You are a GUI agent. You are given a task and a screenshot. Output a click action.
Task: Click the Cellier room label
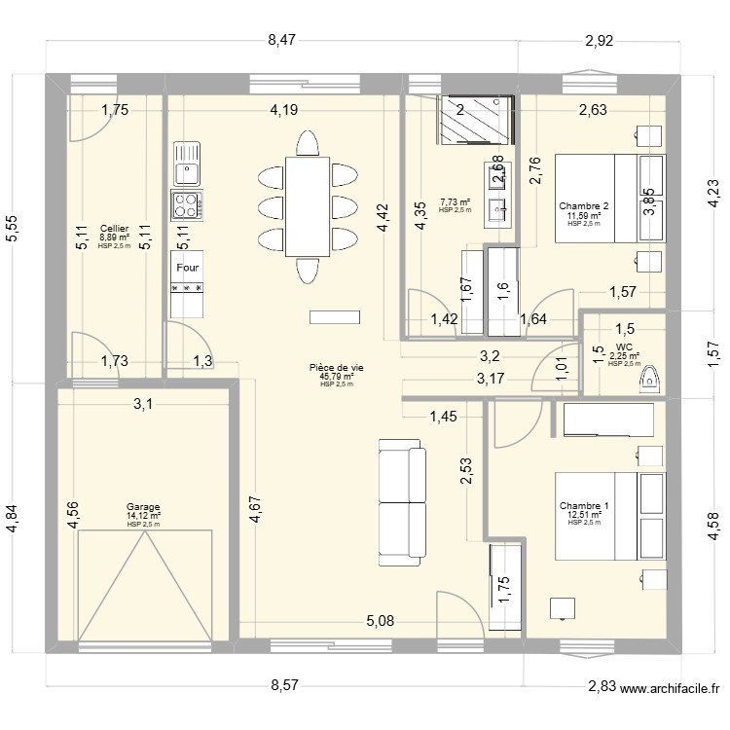click(x=113, y=227)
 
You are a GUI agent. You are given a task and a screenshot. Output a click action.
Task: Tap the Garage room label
click(x=143, y=506)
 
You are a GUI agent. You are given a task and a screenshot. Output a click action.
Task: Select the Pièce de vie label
click(x=336, y=368)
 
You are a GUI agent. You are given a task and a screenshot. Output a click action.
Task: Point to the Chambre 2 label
click(x=584, y=205)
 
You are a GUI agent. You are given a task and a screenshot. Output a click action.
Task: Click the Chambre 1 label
click(x=584, y=505)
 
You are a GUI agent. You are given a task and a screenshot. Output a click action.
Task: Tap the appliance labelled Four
click(x=187, y=268)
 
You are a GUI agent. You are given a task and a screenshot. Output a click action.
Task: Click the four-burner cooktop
click(x=186, y=204)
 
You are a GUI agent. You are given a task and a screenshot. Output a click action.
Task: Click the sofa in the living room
click(x=402, y=502)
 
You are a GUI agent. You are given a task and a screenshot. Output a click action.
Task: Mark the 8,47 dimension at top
click(x=282, y=40)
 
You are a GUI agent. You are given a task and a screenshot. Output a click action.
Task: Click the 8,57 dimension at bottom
click(x=284, y=685)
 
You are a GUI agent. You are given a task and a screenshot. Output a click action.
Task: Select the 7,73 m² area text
click(x=455, y=202)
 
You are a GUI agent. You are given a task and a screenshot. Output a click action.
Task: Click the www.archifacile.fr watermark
click(x=670, y=688)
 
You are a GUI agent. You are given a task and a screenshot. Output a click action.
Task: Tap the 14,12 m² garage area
click(x=143, y=516)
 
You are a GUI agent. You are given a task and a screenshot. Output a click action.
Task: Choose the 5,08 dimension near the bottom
click(x=381, y=620)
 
